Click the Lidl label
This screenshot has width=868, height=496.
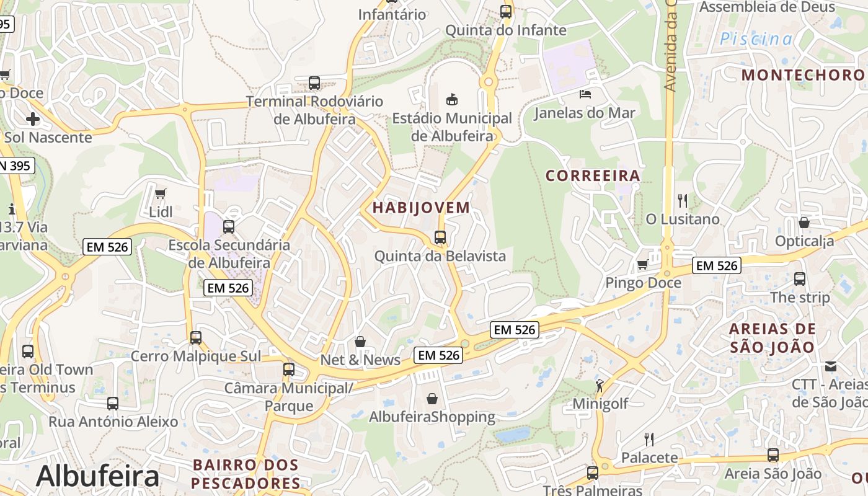(161, 211)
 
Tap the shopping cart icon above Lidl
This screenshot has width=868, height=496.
(161, 193)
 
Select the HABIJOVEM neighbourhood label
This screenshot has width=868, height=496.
(421, 208)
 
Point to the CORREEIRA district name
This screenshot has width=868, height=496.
(593, 175)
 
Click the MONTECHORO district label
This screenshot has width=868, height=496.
(803, 75)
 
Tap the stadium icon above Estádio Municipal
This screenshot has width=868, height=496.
(452, 99)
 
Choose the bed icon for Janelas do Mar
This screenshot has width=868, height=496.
(585, 94)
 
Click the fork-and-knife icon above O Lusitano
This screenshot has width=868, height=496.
(683, 200)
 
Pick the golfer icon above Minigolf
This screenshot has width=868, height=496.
(600, 386)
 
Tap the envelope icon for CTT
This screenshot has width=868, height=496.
(831, 366)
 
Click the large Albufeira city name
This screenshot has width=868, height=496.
(97, 476)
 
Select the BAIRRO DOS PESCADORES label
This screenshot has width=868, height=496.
(246, 474)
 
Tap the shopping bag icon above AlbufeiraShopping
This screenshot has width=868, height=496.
(432, 398)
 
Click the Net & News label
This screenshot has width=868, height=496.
(360, 360)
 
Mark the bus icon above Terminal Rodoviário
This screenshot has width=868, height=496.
(314, 82)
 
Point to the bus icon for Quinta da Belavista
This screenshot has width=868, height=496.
(440, 237)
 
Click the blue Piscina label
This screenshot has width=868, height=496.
(756, 39)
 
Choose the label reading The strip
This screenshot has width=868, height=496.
(800, 297)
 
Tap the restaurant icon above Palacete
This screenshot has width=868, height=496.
(649, 440)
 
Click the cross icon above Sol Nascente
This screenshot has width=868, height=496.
(33, 118)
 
